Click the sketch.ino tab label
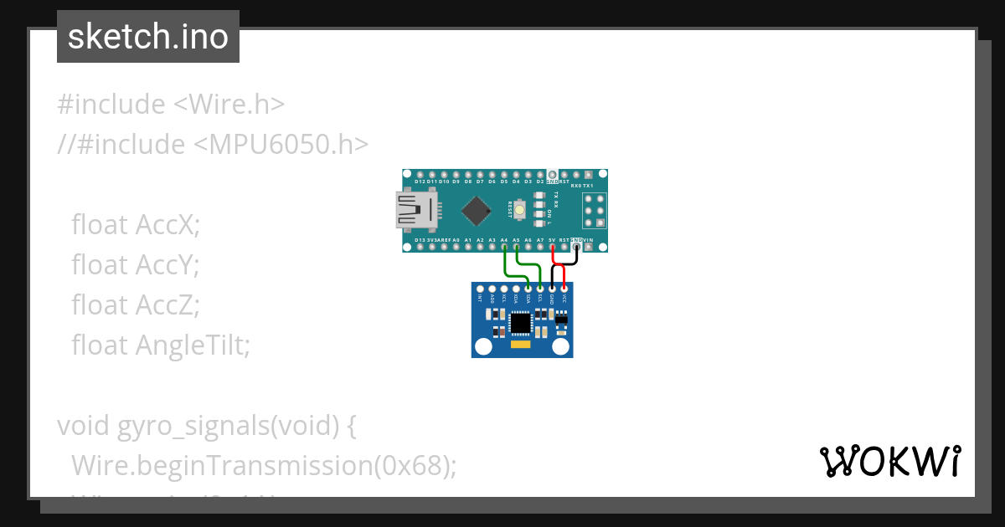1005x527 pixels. click(x=148, y=37)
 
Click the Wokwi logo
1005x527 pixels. click(x=889, y=461)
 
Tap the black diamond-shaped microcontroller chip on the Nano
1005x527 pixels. click(x=476, y=210)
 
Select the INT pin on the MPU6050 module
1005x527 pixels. click(x=480, y=289)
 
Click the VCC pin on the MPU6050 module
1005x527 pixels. click(x=564, y=289)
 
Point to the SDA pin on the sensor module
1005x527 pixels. click(x=528, y=289)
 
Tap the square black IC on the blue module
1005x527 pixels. click(x=521, y=322)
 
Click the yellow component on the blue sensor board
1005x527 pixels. click(x=521, y=344)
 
